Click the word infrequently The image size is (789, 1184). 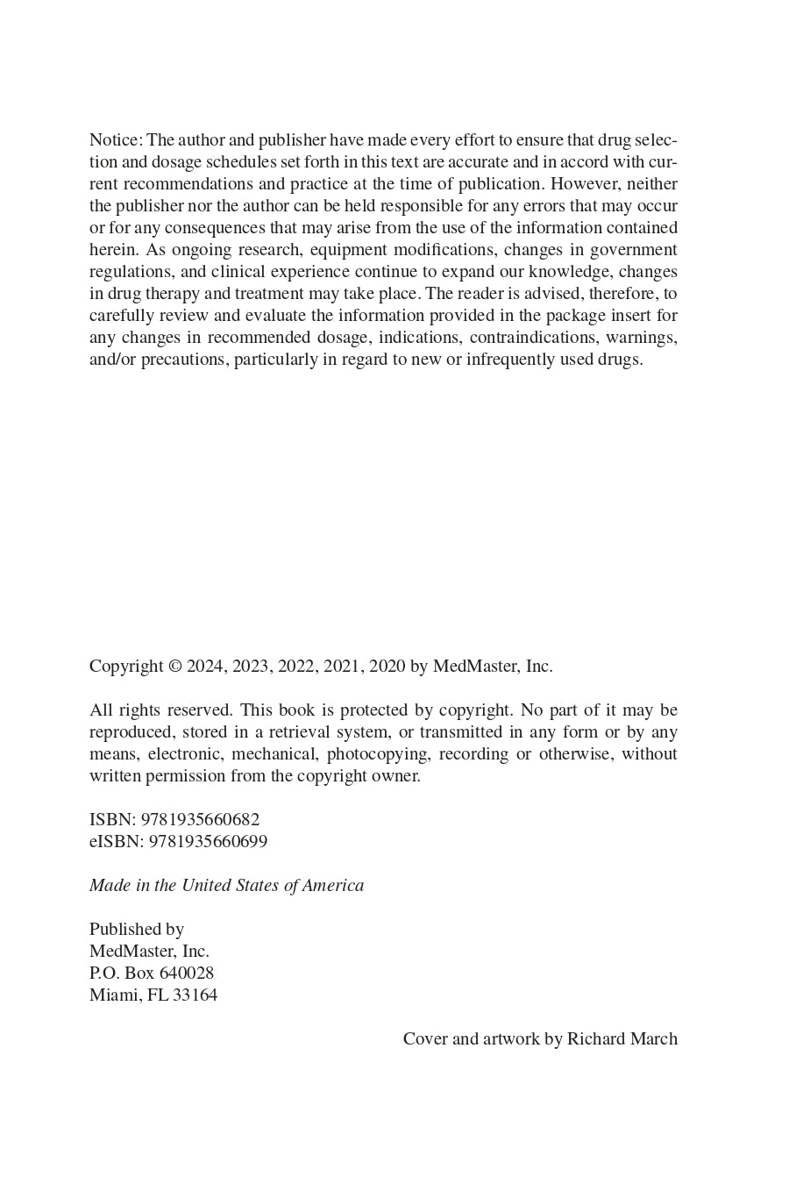click(x=514, y=360)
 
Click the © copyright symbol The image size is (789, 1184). click(x=175, y=667)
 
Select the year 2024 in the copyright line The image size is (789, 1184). click(x=205, y=667)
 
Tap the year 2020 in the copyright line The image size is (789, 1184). click(x=387, y=667)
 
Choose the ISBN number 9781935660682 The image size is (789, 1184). click(x=200, y=820)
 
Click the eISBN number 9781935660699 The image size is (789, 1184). click(x=208, y=842)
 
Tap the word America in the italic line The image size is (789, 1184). click(x=333, y=886)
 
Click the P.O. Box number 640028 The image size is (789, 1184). click(x=187, y=974)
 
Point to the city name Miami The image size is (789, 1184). click(x=113, y=995)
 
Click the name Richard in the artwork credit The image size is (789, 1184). click(x=596, y=1039)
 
